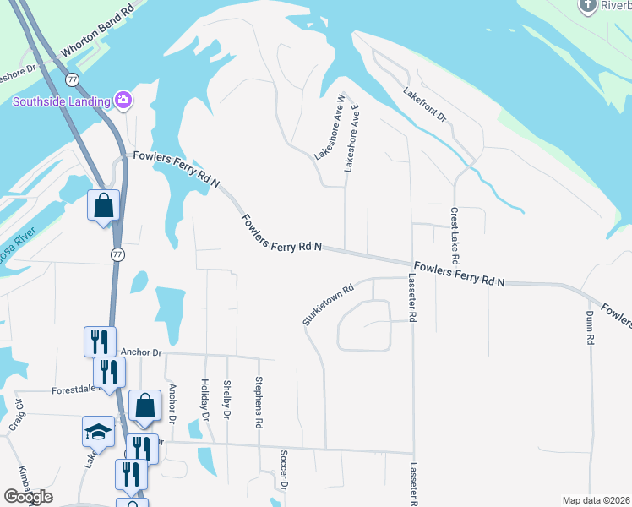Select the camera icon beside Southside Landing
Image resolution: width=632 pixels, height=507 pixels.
pyautogui.click(x=123, y=101)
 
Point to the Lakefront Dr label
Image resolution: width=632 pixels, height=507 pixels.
pyautogui.click(x=424, y=104)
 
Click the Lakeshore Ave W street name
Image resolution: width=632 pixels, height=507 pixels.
pyautogui.click(x=330, y=128)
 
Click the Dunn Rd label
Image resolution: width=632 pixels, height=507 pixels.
pyautogui.click(x=590, y=327)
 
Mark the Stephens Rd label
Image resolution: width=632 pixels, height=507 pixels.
pyautogui.click(x=259, y=401)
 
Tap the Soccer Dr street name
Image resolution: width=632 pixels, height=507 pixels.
pyautogui.click(x=285, y=469)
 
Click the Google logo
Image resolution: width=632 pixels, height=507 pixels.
pyautogui.click(x=27, y=497)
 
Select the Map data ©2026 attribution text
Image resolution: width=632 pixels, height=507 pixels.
pyautogui.click(x=596, y=500)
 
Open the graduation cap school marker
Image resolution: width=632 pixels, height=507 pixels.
pyautogui.click(x=98, y=431)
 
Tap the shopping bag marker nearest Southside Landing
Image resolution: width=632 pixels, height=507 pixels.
pyautogui.click(x=103, y=205)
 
